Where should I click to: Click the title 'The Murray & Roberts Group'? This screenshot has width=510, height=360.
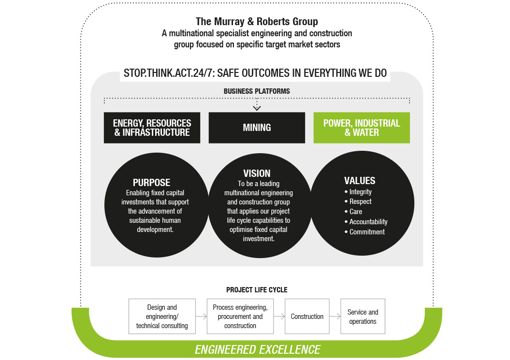(257, 22)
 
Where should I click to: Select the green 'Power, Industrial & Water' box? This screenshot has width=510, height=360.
(362, 128)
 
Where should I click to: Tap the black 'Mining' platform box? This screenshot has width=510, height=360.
(257, 128)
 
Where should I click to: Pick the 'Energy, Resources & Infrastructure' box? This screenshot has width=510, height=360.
(152, 128)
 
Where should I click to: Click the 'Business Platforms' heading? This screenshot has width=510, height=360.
(257, 91)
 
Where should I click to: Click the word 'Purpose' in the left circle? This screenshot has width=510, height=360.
(151, 183)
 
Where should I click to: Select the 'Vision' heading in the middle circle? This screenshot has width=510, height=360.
(257, 173)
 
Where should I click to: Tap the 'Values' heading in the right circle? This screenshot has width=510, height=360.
(360, 181)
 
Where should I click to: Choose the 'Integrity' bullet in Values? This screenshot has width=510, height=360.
(360, 192)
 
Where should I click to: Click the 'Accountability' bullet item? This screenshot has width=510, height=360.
(368, 222)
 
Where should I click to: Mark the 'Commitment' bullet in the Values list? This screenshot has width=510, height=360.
(367, 232)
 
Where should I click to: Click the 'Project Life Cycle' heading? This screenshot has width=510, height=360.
(257, 290)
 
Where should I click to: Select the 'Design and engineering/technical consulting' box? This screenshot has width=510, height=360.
(162, 317)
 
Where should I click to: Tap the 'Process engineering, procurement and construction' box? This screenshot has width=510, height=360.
(240, 317)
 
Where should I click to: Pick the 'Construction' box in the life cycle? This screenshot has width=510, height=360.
(307, 317)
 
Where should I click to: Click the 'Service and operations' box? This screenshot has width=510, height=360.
(363, 317)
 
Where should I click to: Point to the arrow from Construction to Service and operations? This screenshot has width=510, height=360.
(335, 317)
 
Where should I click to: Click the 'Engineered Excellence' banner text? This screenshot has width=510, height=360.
(257, 349)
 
